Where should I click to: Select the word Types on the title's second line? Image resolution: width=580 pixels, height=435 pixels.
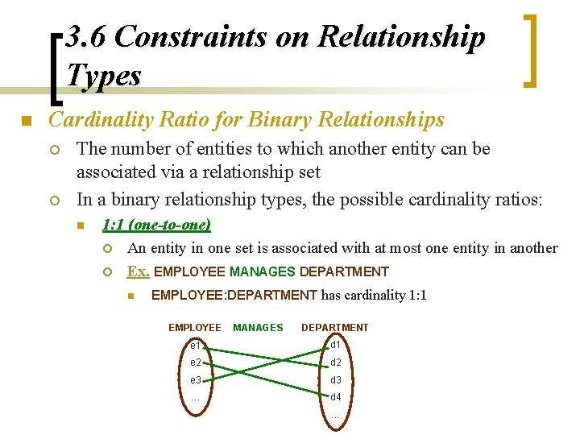coord(104,76)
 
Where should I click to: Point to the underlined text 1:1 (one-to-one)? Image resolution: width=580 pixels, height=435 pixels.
coord(156,225)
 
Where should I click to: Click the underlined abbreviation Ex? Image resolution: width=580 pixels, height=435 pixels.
coord(138,271)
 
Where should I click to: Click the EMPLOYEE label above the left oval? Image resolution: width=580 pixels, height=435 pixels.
coord(194,328)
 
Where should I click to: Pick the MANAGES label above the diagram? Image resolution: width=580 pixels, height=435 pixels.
coord(258,328)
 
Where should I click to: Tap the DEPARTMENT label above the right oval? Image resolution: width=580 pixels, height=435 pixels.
coord(334,328)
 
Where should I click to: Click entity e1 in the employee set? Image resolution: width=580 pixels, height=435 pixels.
coord(195,346)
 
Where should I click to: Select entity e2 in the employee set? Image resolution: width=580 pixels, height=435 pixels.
coord(195,362)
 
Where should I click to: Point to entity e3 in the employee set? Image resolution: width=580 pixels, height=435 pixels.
coord(195,380)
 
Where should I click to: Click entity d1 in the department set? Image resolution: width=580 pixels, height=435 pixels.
coord(336,346)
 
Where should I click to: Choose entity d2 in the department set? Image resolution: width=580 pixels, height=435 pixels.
coord(336,362)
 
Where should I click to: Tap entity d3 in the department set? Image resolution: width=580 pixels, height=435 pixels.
coord(336,380)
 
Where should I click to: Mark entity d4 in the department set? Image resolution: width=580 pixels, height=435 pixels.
coord(336,397)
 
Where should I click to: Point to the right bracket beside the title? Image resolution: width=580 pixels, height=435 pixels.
coord(530,49)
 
